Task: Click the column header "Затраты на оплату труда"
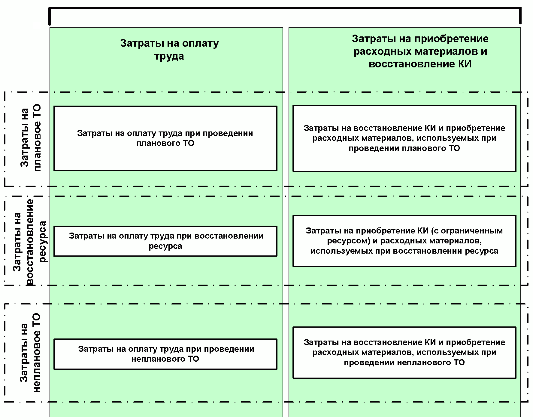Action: (x=169, y=50)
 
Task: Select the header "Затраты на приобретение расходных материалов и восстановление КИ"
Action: (x=420, y=51)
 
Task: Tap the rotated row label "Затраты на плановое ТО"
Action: (x=30, y=138)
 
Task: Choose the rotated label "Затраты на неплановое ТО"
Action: (x=30, y=353)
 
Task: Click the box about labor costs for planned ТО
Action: (x=165, y=138)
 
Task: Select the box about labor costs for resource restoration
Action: (x=165, y=241)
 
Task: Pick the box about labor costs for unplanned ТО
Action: (x=165, y=354)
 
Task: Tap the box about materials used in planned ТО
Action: (x=404, y=138)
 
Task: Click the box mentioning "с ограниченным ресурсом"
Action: (x=404, y=241)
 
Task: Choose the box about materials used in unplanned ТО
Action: (x=404, y=352)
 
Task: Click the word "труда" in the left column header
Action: (x=169, y=56)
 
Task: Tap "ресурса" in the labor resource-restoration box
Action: (x=165, y=246)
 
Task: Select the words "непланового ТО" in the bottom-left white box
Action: (x=165, y=359)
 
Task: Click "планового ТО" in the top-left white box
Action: (x=165, y=143)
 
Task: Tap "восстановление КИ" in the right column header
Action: (x=420, y=64)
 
